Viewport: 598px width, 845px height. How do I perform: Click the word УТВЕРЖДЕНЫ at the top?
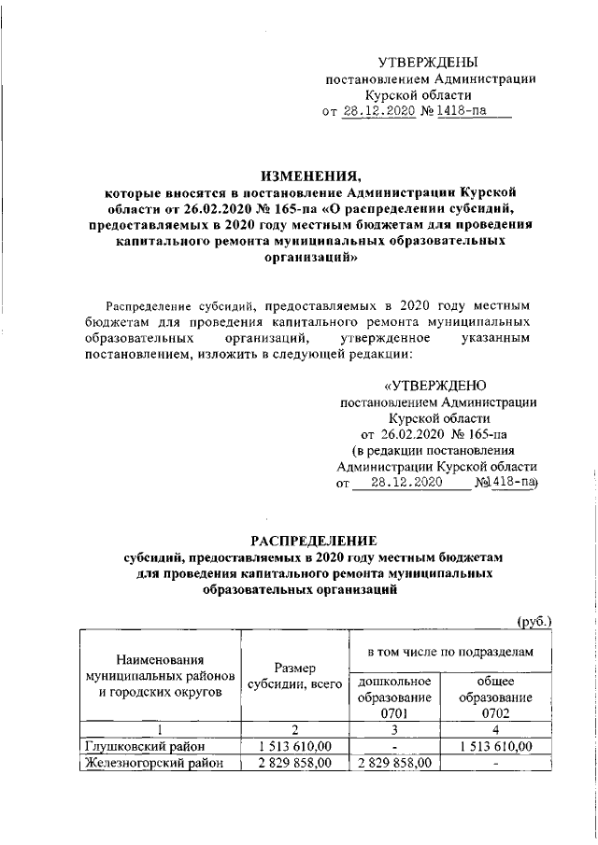click(x=430, y=62)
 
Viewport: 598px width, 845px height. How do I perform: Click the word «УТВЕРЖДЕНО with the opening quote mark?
click(x=435, y=386)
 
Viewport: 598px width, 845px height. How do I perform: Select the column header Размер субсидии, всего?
click(x=293, y=677)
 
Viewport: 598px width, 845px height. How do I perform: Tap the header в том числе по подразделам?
click(x=448, y=648)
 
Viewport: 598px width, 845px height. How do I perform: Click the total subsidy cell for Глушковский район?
click(x=293, y=746)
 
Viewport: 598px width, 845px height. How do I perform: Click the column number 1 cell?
click(x=159, y=729)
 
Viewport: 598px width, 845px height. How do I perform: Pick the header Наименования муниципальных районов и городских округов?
click(x=157, y=677)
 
